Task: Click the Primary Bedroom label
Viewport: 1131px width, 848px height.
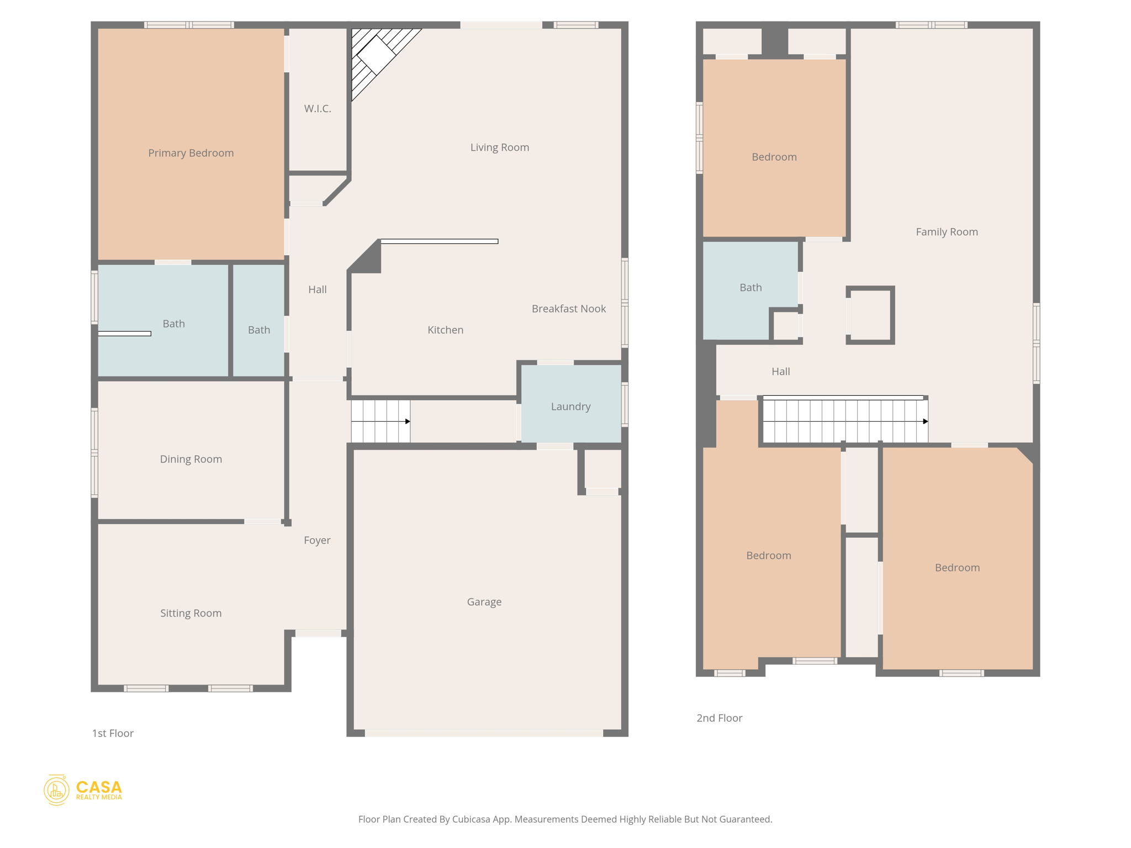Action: [191, 153]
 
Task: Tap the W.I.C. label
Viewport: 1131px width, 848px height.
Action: [318, 109]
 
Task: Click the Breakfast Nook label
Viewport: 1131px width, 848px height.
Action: [568, 309]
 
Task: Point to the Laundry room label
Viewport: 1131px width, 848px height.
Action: [570, 406]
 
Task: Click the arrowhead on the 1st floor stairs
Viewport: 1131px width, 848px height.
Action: [408, 421]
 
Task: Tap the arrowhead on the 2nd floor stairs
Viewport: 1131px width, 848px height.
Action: [926, 421]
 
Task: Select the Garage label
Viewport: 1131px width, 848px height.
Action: [484, 602]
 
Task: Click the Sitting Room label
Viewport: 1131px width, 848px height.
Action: [191, 613]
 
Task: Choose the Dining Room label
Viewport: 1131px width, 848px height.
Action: [191, 459]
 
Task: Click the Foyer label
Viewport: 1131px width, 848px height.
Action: [317, 540]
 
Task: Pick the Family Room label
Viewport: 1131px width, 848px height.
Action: [947, 232]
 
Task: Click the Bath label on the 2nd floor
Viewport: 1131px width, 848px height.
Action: [751, 287]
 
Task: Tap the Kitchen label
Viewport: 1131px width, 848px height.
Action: [445, 330]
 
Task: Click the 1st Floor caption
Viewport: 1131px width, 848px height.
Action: [113, 733]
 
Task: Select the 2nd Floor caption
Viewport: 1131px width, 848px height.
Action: [719, 718]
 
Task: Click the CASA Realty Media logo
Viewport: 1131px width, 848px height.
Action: [83, 790]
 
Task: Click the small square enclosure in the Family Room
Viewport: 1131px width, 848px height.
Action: [870, 315]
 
